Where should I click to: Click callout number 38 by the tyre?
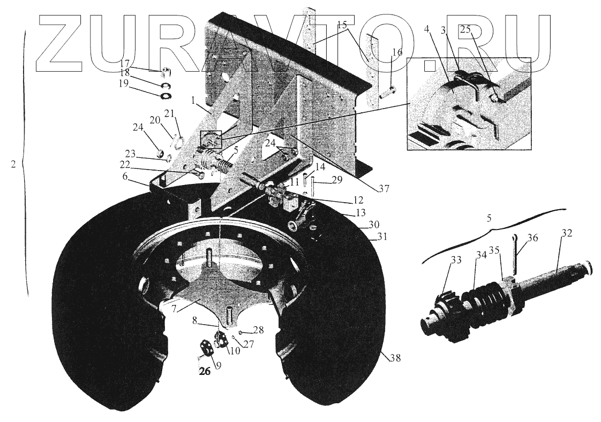pos(395,358)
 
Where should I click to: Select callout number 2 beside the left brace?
pos(13,165)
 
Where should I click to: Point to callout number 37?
pos(383,188)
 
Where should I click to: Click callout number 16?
pos(396,52)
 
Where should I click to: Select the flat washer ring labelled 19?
pos(166,96)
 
